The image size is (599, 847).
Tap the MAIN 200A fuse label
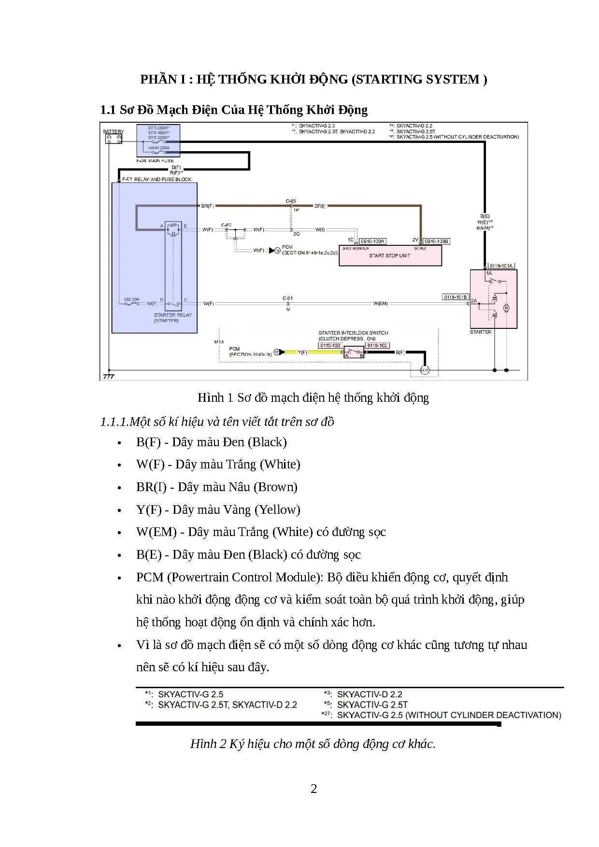coord(158,147)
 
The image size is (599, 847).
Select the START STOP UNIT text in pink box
coord(389,255)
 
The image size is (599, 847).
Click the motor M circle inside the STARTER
coord(507,308)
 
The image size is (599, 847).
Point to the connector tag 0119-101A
coord(501,266)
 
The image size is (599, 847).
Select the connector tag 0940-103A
coord(372,241)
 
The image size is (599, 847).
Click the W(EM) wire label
coord(380,304)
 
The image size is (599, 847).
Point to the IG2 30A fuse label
coord(131,299)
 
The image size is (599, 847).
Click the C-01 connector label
coord(287,298)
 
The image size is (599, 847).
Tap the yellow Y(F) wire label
coord(302,353)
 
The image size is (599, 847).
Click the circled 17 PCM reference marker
coord(277,352)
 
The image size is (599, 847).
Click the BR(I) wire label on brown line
coord(320,206)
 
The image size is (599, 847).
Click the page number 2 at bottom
coord(314,789)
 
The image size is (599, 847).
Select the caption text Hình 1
coord(211,397)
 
